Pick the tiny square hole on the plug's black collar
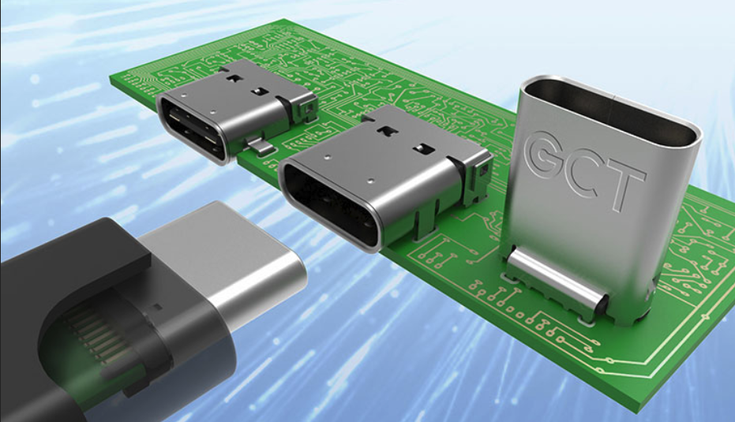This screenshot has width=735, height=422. (x=156, y=305)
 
